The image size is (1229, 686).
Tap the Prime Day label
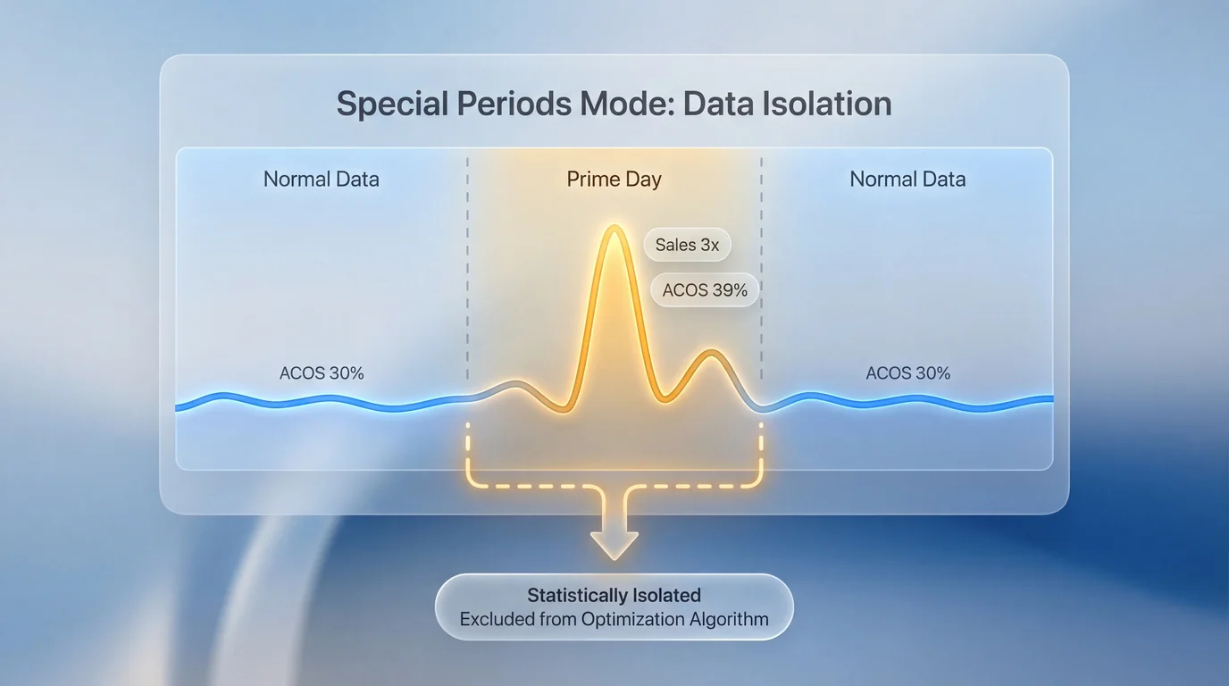tap(614, 179)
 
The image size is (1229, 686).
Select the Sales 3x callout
tap(687, 245)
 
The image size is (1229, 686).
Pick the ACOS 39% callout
tap(705, 290)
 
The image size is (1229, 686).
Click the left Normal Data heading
tap(321, 179)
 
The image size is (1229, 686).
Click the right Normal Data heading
tap(907, 179)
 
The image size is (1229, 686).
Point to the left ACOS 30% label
tap(322, 373)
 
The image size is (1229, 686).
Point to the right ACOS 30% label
tap(907, 373)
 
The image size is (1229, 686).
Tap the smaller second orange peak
tap(712, 354)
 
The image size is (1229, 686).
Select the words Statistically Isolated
tap(614, 595)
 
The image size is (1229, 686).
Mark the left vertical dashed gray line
tap(467, 268)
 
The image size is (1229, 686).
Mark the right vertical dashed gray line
tap(761, 268)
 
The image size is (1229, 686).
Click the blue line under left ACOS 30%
tap(322, 402)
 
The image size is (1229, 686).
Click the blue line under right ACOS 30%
tap(907, 402)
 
